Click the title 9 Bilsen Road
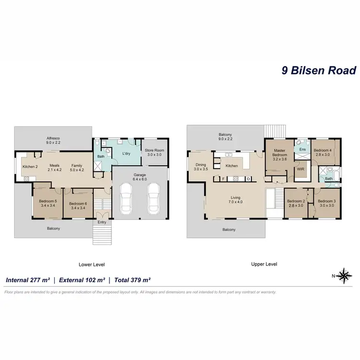(318, 71)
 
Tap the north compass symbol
(344, 275)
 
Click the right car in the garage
(154, 197)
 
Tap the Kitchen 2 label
(30, 167)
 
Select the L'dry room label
(127, 154)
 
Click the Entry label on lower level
(102, 222)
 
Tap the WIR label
(301, 169)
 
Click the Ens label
(302, 150)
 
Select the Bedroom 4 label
(322, 153)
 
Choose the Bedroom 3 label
(326, 203)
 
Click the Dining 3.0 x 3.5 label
(200, 167)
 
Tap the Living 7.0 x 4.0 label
(235, 200)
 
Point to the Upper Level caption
(264, 264)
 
